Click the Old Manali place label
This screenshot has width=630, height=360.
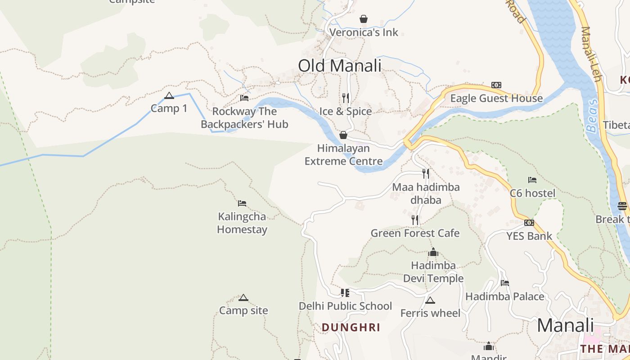tap(339, 66)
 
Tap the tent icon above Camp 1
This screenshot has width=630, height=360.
tap(169, 95)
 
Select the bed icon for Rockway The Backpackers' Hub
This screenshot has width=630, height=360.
tap(244, 98)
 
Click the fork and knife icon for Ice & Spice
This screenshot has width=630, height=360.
tap(346, 98)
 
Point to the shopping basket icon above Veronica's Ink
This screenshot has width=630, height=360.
tap(364, 19)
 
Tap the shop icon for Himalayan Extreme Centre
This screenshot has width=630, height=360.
tap(343, 135)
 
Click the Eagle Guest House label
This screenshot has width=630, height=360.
tap(496, 99)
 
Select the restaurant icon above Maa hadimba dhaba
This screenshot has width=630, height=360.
tap(426, 174)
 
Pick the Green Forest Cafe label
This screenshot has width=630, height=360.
tap(415, 233)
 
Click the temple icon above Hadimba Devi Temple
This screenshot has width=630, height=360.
tap(433, 252)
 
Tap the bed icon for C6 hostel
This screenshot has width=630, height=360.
tap(532, 180)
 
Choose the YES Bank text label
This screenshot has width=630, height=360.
tap(529, 236)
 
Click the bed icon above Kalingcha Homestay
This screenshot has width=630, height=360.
tap(242, 203)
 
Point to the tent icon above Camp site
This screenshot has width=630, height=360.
tap(243, 297)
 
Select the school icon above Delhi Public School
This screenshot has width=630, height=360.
tap(345, 293)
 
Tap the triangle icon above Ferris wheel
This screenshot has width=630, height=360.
tap(430, 300)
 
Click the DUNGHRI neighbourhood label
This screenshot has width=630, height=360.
tap(351, 328)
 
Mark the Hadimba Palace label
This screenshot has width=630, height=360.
tap(504, 297)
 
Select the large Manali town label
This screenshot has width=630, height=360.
tap(565, 325)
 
